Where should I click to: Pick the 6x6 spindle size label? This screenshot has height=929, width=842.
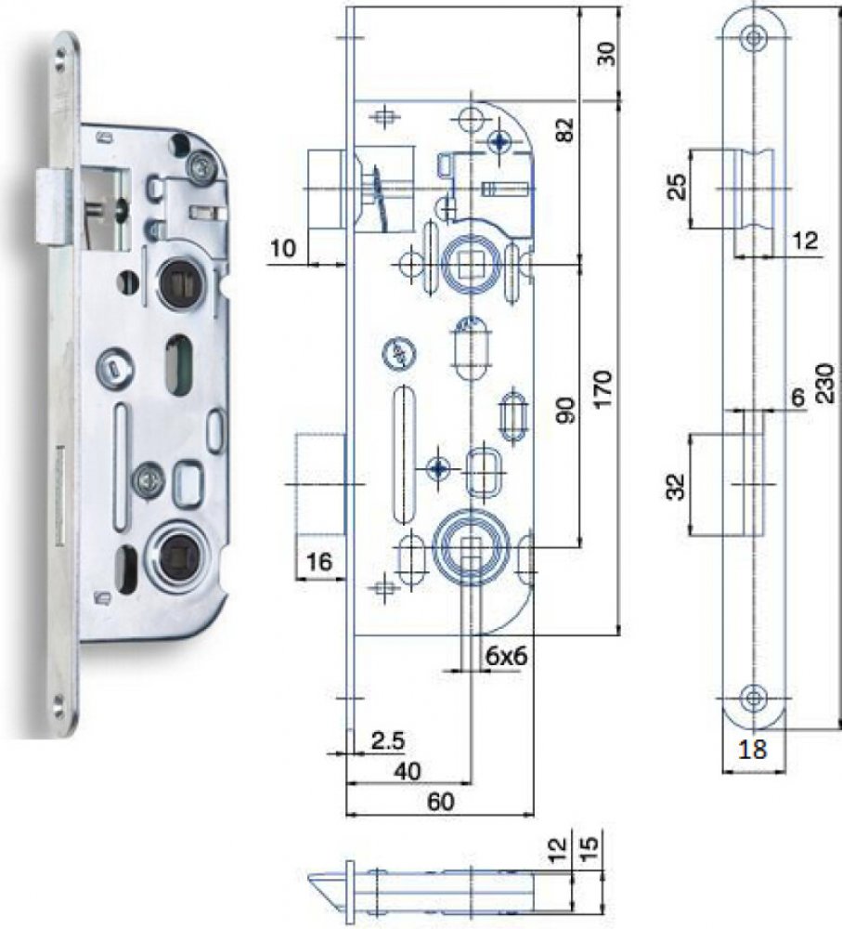pyautogui.click(x=507, y=656)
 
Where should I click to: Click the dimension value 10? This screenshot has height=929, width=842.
pyautogui.click(x=284, y=248)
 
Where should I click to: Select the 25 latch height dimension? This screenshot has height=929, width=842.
pyautogui.click(x=678, y=187)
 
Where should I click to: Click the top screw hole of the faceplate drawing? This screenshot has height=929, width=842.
pyautogui.click(x=755, y=37)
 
